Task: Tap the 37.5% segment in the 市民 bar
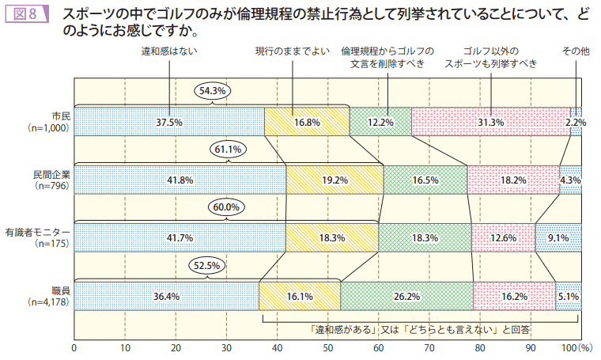pos(169,123)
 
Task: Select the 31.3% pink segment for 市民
pos(490,123)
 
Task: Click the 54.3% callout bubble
pos(213,91)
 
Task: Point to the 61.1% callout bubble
pos(229,149)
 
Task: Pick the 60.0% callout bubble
pos(225,207)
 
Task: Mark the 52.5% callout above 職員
pos(206,266)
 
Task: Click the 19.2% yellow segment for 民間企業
pos(335,180)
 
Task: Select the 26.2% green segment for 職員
pos(406,297)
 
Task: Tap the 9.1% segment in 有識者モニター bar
pos(558,238)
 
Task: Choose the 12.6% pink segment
pos(503,238)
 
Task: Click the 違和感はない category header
pos(169,51)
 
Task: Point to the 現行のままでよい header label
pos(292,51)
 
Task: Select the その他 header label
pos(576,51)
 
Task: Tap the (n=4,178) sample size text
pos(49,303)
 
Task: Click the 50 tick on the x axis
pos(328,347)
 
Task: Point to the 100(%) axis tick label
pos(576,347)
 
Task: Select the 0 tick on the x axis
pos(74,347)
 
